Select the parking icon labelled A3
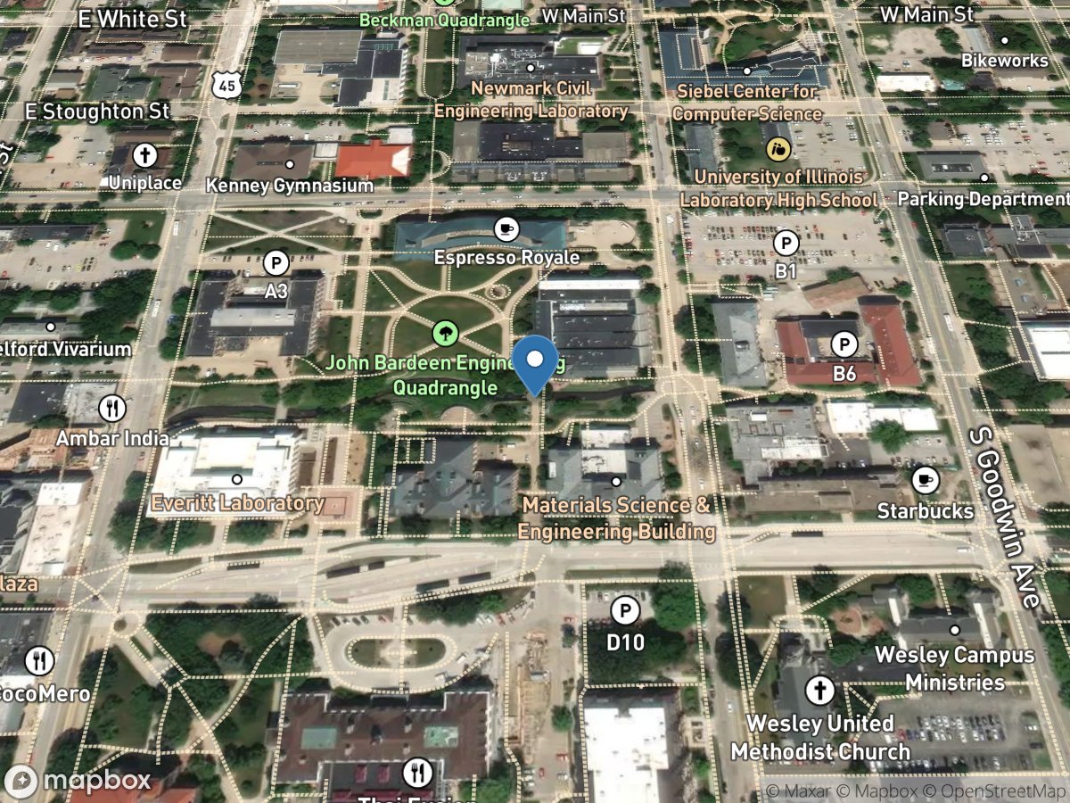(x=276, y=263)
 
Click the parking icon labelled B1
(x=786, y=243)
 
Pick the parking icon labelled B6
(x=844, y=344)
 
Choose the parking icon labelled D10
(x=625, y=611)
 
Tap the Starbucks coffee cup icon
(x=926, y=480)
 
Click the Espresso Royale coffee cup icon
(x=506, y=228)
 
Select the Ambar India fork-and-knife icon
(x=112, y=409)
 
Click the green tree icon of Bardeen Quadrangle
(x=445, y=335)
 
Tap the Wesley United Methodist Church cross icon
(x=819, y=690)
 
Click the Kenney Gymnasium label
(x=290, y=186)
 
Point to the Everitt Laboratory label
(x=237, y=503)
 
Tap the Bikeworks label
(x=1005, y=61)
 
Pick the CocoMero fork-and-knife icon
(x=38, y=661)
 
